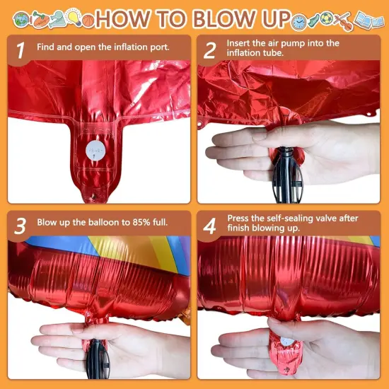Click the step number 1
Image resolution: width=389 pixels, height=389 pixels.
[21, 50]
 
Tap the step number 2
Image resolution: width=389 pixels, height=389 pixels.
[209, 50]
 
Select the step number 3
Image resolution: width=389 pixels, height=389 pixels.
[21, 225]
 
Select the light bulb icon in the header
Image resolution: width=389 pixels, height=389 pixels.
[74, 15]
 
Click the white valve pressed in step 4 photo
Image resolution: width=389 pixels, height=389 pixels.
[286, 342]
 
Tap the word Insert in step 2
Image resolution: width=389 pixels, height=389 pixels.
[240, 43]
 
